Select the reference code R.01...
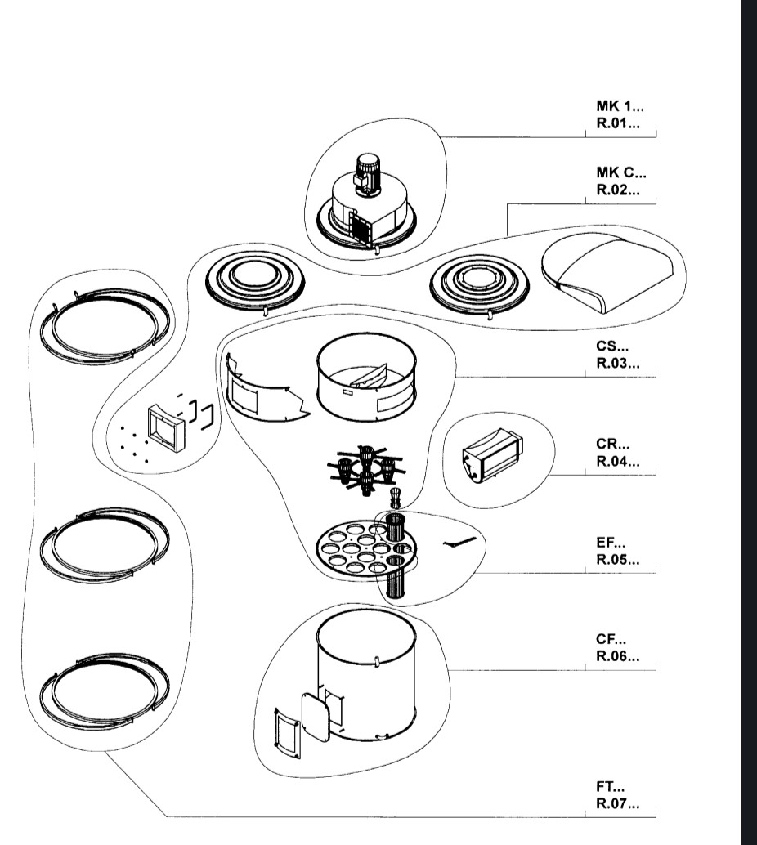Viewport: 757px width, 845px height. coord(617,125)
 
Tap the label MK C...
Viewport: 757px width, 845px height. coord(620,173)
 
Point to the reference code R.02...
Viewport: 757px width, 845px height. coord(617,192)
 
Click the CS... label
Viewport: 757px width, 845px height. coord(612,346)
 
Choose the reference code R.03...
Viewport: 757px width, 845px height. coord(617,364)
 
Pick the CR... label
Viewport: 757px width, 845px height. coord(612,445)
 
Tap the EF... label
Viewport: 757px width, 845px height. coord(611,542)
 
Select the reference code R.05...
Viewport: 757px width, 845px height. coord(617,561)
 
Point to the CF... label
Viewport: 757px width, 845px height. coord(611,639)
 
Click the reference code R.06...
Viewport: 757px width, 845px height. coord(617,658)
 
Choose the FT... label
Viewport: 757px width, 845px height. coord(611,787)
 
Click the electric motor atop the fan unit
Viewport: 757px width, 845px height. coord(365,173)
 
